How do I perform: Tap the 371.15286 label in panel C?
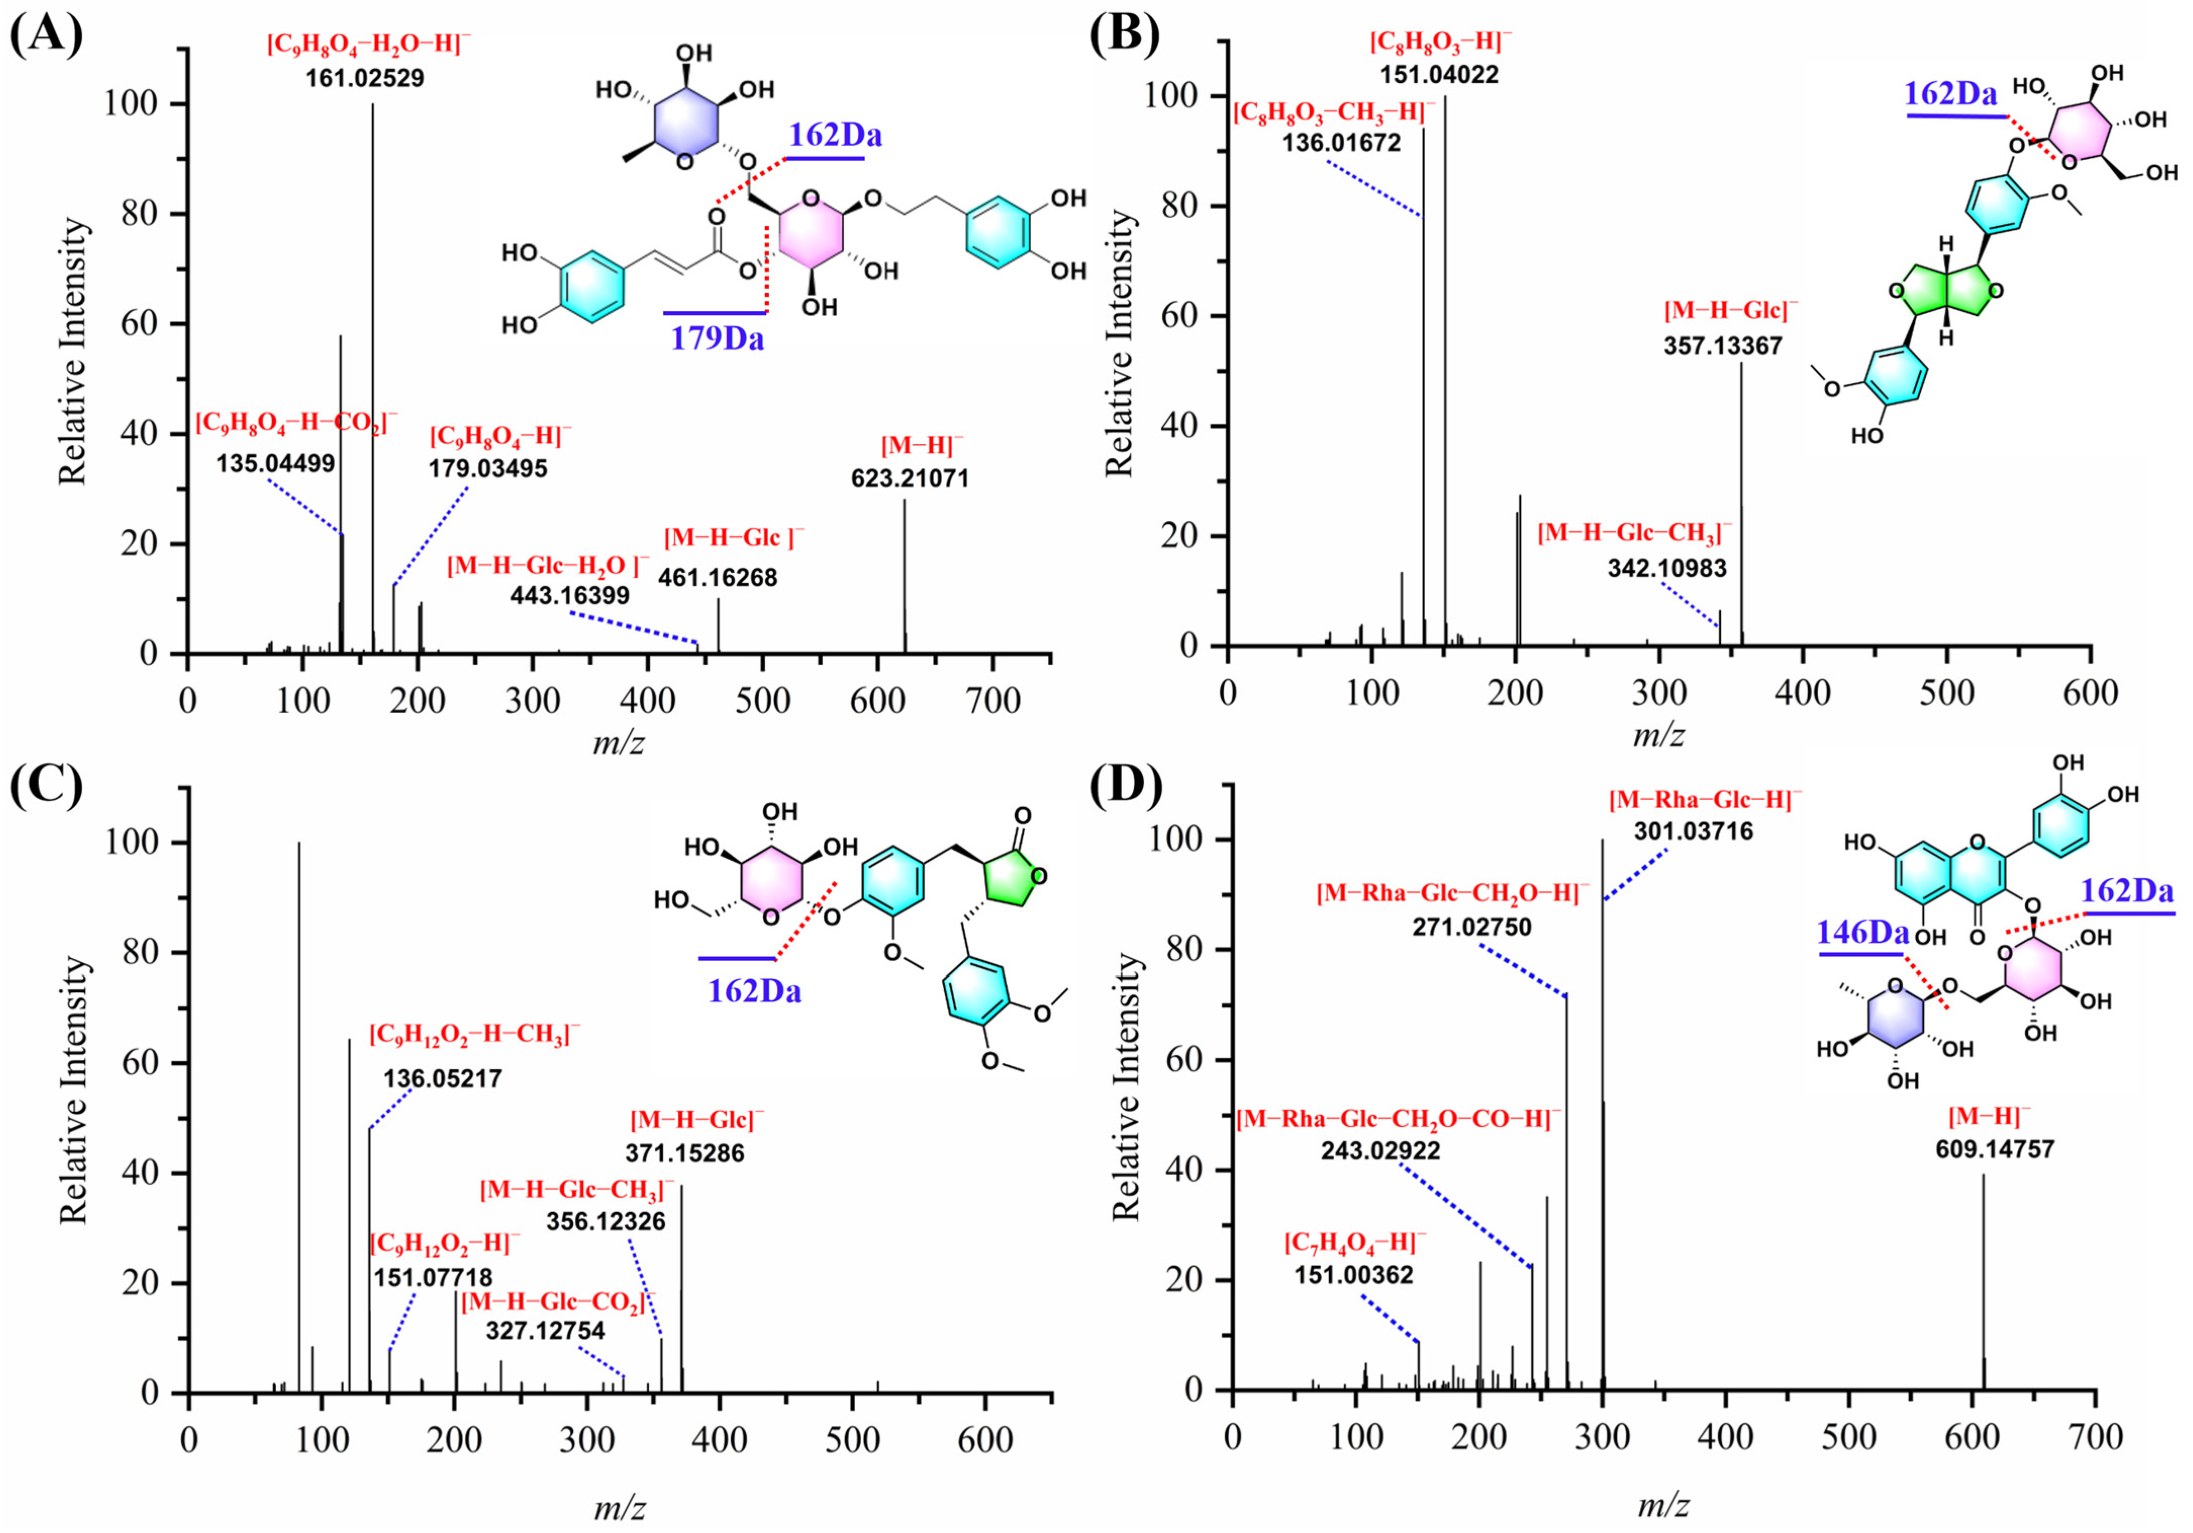[685, 1153]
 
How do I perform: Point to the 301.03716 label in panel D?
[1693, 831]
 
